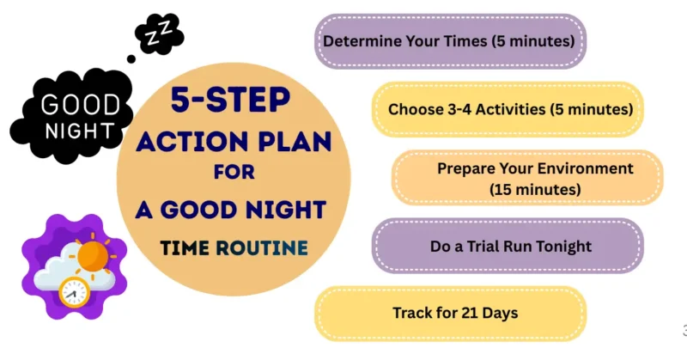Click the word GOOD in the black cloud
coord(82,105)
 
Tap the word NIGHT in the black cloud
coord(82,131)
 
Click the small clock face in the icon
coord(74,293)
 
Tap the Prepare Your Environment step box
coord(527,178)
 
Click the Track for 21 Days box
coord(450,313)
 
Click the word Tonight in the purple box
coord(561,247)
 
